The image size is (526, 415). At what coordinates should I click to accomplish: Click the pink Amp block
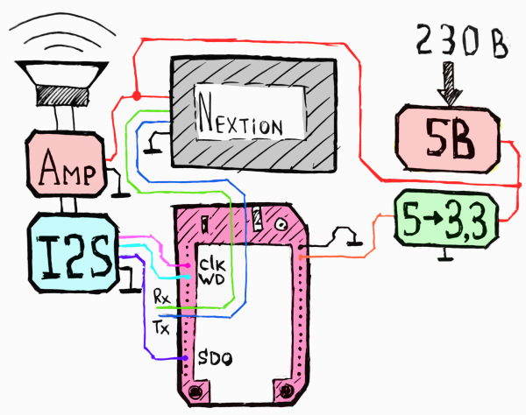point(66,164)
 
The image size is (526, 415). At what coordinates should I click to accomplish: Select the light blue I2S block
point(74,253)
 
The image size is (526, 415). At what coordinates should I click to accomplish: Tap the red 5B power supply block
point(448,139)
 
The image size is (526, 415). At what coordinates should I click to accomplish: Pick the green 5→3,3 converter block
point(446,219)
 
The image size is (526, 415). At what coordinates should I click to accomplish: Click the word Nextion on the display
point(240,116)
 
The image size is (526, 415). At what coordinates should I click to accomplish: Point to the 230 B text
point(462,41)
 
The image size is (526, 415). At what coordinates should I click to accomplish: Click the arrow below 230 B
point(449,83)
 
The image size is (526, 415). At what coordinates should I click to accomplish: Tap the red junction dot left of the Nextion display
point(137,96)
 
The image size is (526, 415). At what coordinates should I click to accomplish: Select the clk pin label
point(212,265)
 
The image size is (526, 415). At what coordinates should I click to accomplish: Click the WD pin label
point(212,278)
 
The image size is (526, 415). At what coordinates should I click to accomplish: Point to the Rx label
point(161,296)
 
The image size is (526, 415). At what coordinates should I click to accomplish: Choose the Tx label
point(161,327)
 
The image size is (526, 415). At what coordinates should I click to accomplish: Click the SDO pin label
point(215,358)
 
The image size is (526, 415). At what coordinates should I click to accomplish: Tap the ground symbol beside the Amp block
point(117,183)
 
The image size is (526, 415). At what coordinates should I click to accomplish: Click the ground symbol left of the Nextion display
point(154,143)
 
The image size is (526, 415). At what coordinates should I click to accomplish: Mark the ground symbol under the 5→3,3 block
point(446,255)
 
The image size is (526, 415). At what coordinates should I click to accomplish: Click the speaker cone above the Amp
point(62,83)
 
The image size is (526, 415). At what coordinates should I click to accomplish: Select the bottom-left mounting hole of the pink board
point(195,391)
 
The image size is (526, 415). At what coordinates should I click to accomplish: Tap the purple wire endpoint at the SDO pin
point(185,358)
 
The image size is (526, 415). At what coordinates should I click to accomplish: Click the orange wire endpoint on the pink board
point(301,257)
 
